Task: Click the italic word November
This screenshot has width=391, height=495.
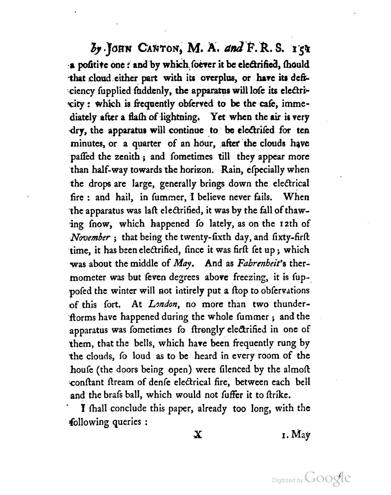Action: [x=90, y=237]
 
